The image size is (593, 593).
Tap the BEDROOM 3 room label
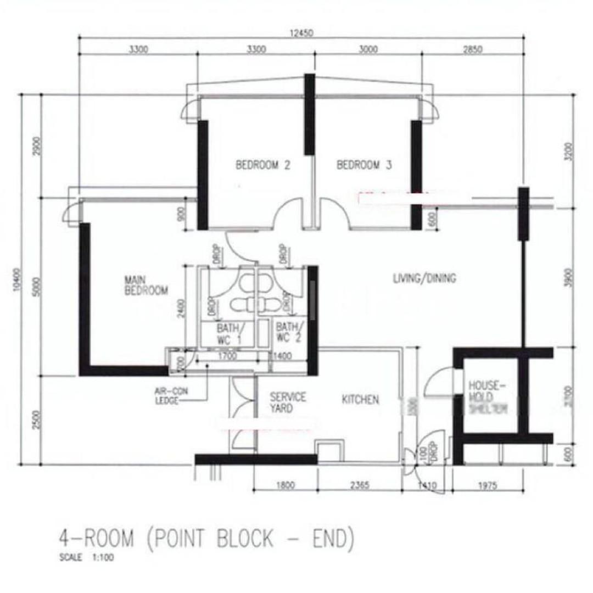click(364, 165)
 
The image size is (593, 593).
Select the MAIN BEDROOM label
click(146, 286)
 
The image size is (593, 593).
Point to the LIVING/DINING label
click(424, 278)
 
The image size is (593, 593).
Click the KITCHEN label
click(360, 400)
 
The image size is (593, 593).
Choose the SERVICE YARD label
click(288, 402)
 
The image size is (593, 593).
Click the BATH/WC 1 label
click(227, 333)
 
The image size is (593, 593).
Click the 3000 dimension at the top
click(368, 49)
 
